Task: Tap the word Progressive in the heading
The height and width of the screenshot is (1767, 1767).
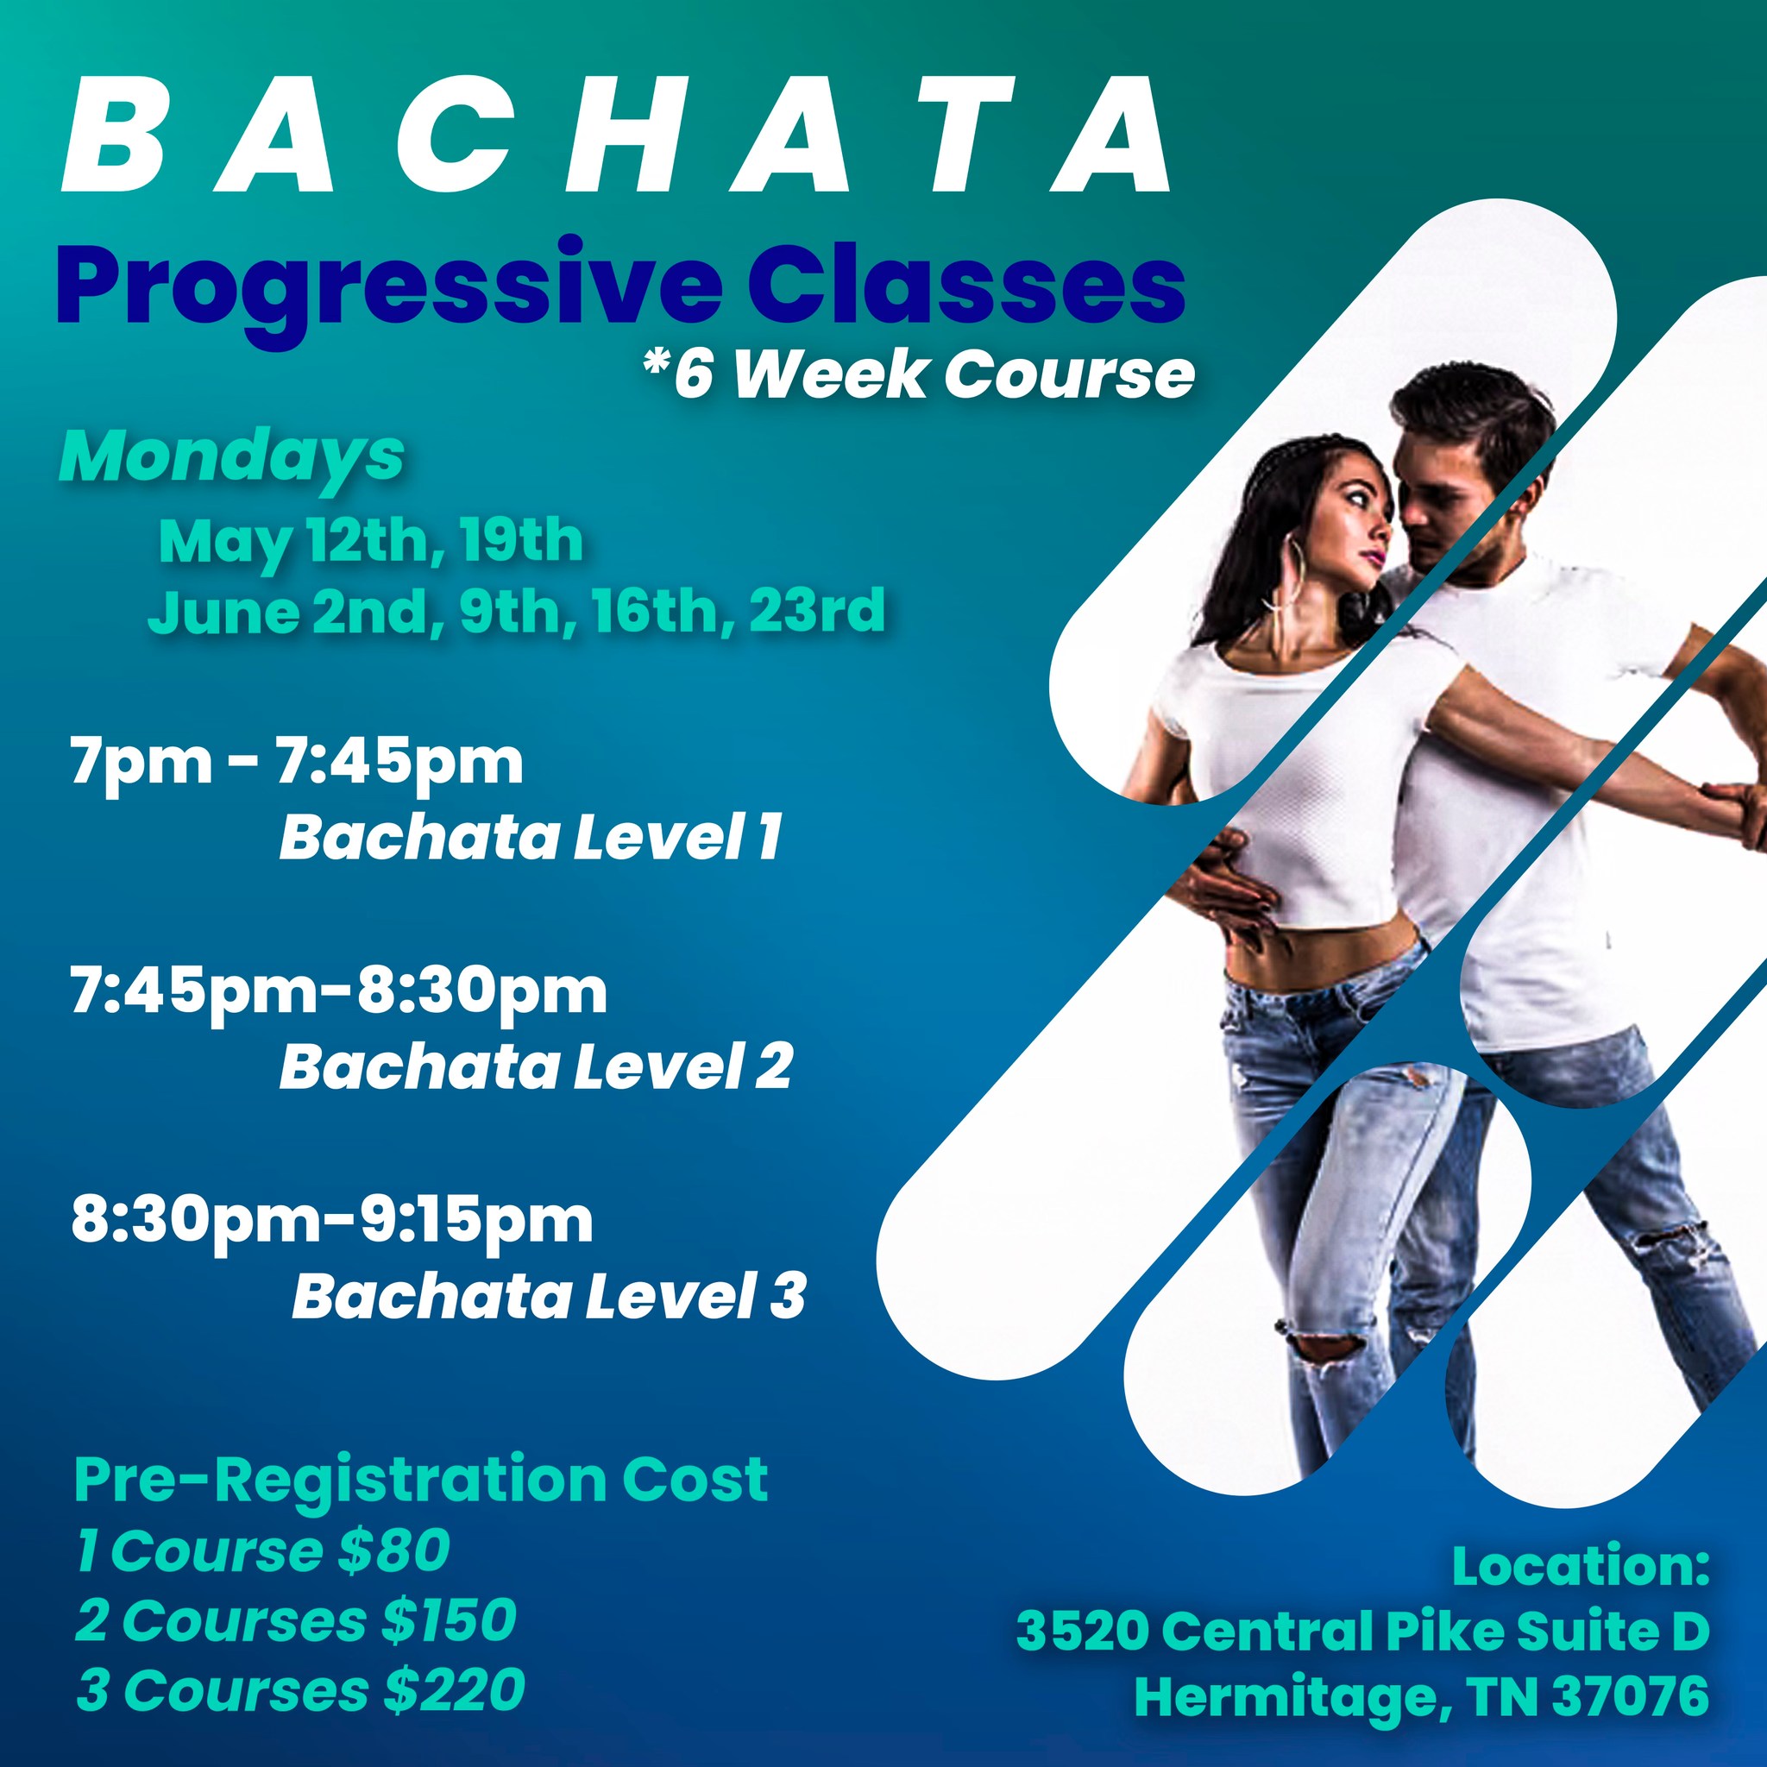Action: pyautogui.click(x=387, y=291)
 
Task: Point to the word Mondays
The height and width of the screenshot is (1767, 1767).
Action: pyautogui.click(x=231, y=458)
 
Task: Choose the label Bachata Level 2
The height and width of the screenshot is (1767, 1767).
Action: pyautogui.click(x=535, y=1066)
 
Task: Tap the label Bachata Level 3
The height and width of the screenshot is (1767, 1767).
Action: pyautogui.click(x=549, y=1296)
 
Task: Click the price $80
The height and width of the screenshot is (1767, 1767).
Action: pyautogui.click(x=393, y=1551)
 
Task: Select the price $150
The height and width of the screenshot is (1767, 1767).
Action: pyautogui.click(x=449, y=1620)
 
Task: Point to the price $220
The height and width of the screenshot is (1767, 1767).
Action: pyautogui.click(x=455, y=1689)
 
